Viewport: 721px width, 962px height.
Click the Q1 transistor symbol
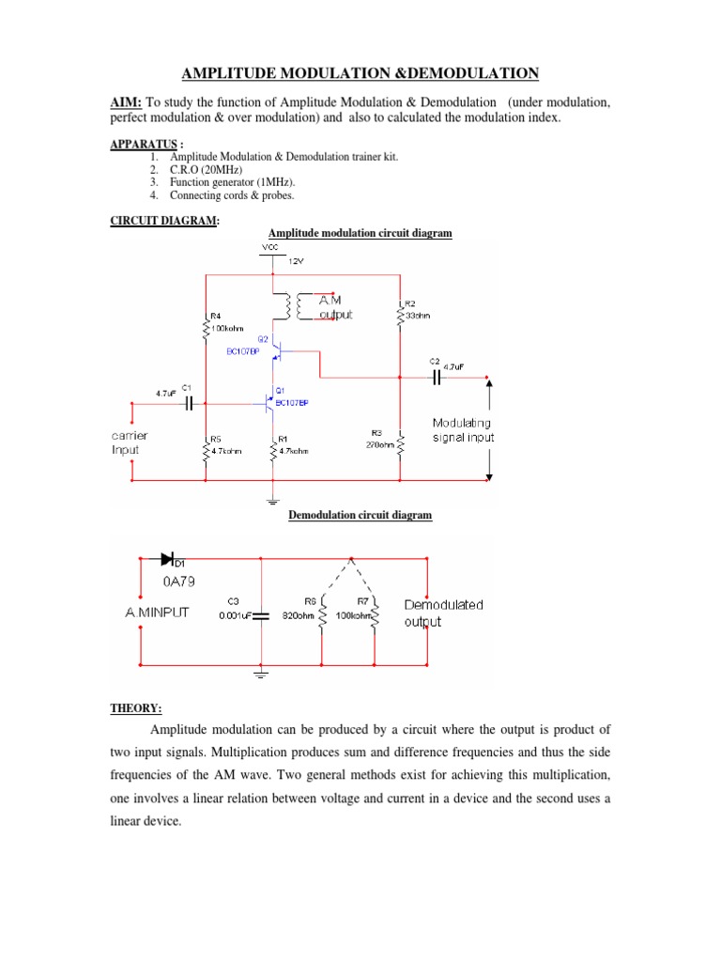269,403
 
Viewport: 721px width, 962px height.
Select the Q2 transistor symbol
277,350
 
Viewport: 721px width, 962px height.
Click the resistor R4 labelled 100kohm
205,327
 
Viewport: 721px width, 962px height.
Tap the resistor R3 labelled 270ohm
401,442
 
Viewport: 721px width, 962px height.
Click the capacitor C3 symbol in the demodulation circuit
261,616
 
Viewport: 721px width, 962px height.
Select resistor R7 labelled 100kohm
376,616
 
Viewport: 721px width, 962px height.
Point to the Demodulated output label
443,613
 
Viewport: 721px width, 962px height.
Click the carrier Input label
129,442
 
